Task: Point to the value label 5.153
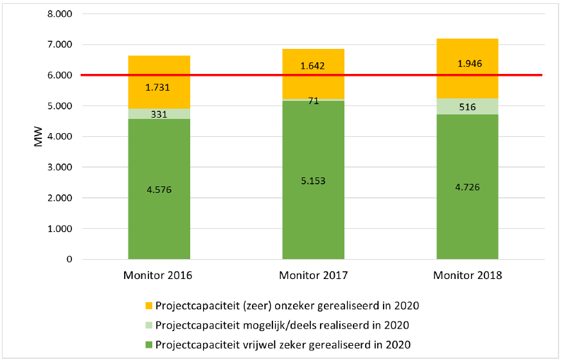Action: click(313, 181)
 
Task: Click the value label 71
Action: click(313, 101)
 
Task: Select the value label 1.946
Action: click(467, 64)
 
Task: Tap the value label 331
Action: click(159, 114)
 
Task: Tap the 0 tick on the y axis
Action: click(69, 260)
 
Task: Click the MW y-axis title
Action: click(38, 136)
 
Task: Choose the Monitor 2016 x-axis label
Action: click(159, 276)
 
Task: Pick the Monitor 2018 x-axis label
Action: click(467, 276)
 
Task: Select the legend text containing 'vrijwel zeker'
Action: click(282, 344)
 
